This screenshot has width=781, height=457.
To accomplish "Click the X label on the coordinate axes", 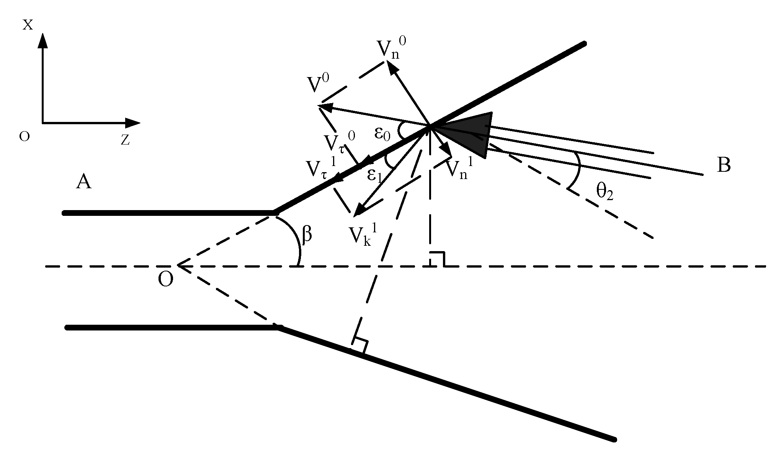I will click(28, 25).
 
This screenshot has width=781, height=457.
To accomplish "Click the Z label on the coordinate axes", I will click(125, 141).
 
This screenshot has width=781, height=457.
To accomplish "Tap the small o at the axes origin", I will click(24, 137).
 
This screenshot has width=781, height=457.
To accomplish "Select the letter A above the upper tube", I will click(84, 182).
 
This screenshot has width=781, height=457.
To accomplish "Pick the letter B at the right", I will click(724, 166).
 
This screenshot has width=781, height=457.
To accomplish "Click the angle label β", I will click(307, 235).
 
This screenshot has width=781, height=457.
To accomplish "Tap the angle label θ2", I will click(605, 192).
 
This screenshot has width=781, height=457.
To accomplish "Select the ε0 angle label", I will click(382, 135).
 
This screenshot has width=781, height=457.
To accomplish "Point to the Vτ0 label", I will click(339, 143).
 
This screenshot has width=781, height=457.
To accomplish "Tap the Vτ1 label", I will click(321, 168).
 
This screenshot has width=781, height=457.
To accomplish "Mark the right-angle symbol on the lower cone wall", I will click(360, 345).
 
